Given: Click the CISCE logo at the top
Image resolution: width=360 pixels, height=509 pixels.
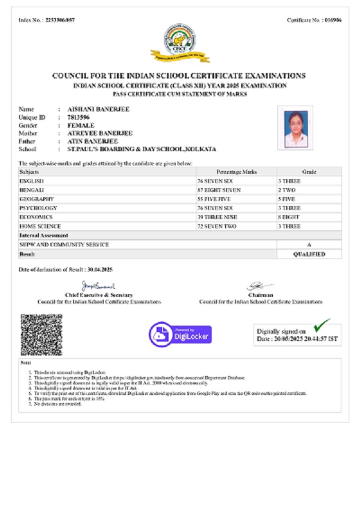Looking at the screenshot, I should [181, 47].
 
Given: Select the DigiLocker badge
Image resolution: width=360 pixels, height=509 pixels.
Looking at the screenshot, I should [181, 333].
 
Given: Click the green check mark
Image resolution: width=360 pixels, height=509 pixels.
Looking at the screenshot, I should [322, 325].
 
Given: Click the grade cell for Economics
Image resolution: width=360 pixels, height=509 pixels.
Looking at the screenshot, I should [309, 216].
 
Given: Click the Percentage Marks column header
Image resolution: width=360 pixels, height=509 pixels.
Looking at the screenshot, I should [236, 171].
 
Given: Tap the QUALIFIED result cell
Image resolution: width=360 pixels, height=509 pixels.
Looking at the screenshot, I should [309, 254].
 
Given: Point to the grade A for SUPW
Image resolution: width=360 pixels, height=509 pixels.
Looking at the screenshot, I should [309, 245].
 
